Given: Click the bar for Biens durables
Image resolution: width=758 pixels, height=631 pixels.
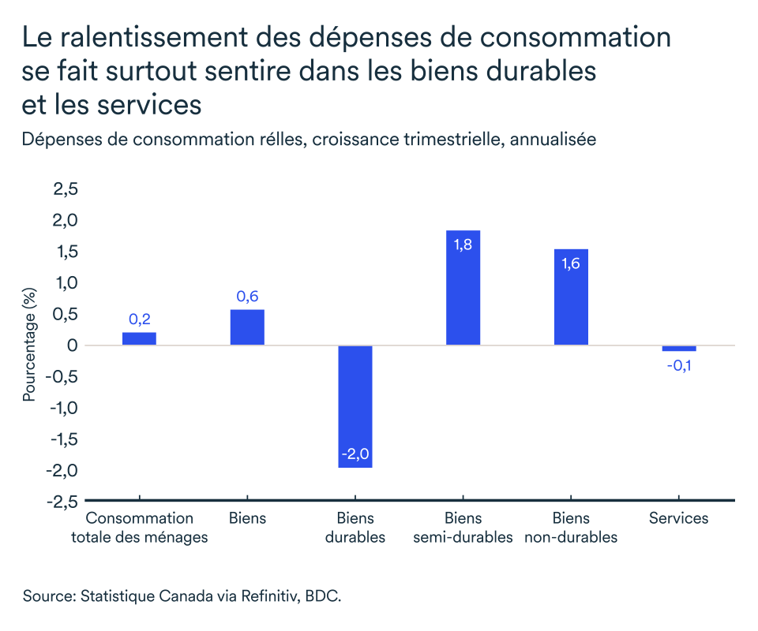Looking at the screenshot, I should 355,406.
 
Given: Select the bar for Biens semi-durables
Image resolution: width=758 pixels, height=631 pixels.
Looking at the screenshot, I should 463,288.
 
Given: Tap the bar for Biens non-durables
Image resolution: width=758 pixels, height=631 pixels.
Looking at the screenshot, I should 571,297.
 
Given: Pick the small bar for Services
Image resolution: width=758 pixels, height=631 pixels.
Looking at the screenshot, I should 679,349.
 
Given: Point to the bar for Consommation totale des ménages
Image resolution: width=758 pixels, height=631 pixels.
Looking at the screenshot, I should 139,339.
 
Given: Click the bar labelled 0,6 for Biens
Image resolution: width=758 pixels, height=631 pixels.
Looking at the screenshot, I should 247,327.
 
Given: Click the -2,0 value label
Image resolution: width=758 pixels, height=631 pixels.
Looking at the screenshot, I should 355,455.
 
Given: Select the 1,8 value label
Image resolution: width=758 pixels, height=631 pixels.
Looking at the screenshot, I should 463,245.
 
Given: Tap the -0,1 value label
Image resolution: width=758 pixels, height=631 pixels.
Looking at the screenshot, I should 679,366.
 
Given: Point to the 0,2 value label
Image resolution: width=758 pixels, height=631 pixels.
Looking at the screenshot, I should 139,319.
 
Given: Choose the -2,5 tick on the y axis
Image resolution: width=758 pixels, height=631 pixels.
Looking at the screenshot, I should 62,501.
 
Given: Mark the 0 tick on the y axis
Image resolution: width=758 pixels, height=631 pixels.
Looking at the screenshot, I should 72,345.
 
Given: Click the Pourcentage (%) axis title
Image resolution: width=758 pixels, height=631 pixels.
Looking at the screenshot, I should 30,345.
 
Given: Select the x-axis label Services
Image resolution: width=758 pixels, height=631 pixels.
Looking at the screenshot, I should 679,518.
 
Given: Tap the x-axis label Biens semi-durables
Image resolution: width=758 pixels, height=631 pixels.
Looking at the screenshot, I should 463,528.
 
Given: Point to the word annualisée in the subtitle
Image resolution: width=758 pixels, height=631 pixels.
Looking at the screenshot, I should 553,140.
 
